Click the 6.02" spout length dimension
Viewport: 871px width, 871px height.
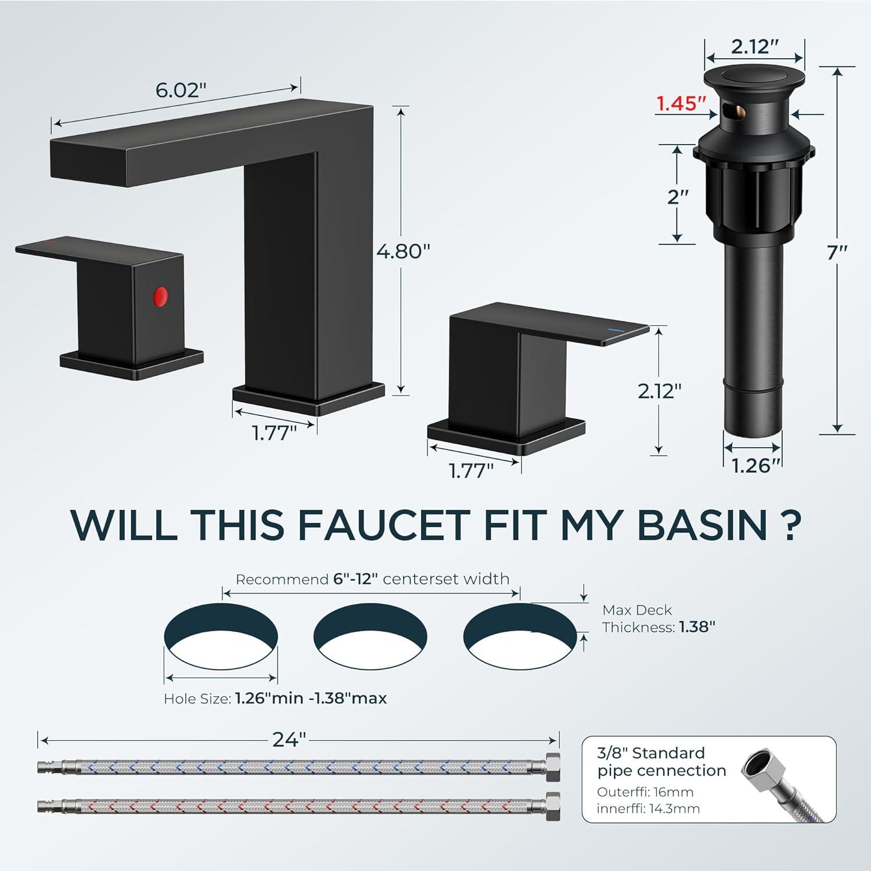pos(181,90)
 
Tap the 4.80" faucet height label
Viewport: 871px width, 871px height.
pos(404,251)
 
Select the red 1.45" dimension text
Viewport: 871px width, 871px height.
pos(681,103)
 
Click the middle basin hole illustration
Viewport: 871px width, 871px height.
pos(370,635)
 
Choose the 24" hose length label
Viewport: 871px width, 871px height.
pos(289,740)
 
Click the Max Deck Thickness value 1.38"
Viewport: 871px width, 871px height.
pos(697,627)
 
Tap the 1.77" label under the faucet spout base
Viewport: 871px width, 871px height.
pos(274,433)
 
